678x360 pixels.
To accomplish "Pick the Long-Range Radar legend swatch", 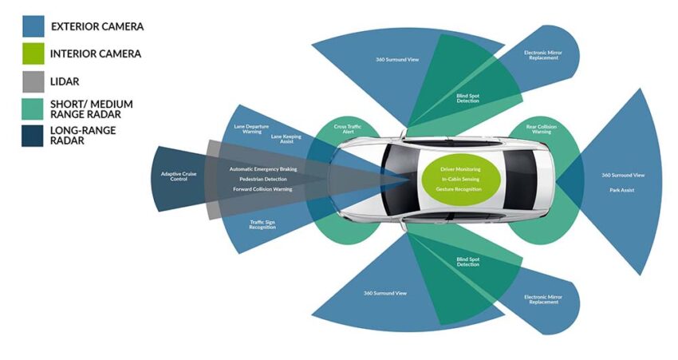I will pyautogui.click(x=32, y=135).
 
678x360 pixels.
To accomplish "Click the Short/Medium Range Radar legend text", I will pyautogui.click(x=91, y=109).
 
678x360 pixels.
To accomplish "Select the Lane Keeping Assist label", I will pyautogui.click(x=286, y=138).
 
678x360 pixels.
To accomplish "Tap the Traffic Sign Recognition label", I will pyautogui.click(x=262, y=226).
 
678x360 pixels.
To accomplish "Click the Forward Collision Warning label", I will pyautogui.click(x=262, y=189).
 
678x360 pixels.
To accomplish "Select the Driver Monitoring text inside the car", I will pyautogui.click(x=460, y=169).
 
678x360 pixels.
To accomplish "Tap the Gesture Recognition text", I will pyautogui.click(x=460, y=189).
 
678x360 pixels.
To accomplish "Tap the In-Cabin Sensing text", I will pyautogui.click(x=460, y=180).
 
